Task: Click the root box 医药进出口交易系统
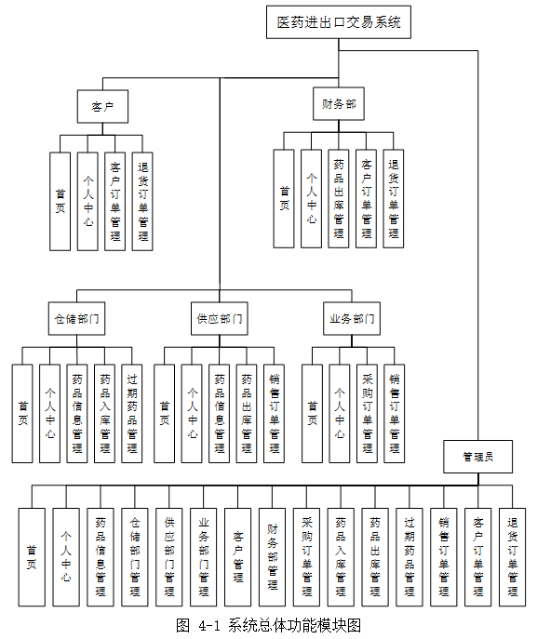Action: [339, 23]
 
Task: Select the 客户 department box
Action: [102, 105]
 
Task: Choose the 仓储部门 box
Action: [76, 318]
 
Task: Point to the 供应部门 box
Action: [220, 318]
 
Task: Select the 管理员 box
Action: [477, 457]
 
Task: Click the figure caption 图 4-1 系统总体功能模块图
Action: [267, 623]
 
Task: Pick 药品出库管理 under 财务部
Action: [340, 198]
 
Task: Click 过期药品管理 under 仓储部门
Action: [132, 413]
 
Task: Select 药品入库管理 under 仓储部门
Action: [105, 413]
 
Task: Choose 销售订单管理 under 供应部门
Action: [274, 413]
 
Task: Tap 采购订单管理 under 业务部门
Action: [368, 413]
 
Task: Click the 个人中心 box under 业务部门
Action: [340, 413]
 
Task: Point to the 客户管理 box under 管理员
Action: [237, 557]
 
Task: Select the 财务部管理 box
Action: [272, 557]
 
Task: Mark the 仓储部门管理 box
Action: [135, 557]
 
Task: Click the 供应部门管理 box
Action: [169, 557]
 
